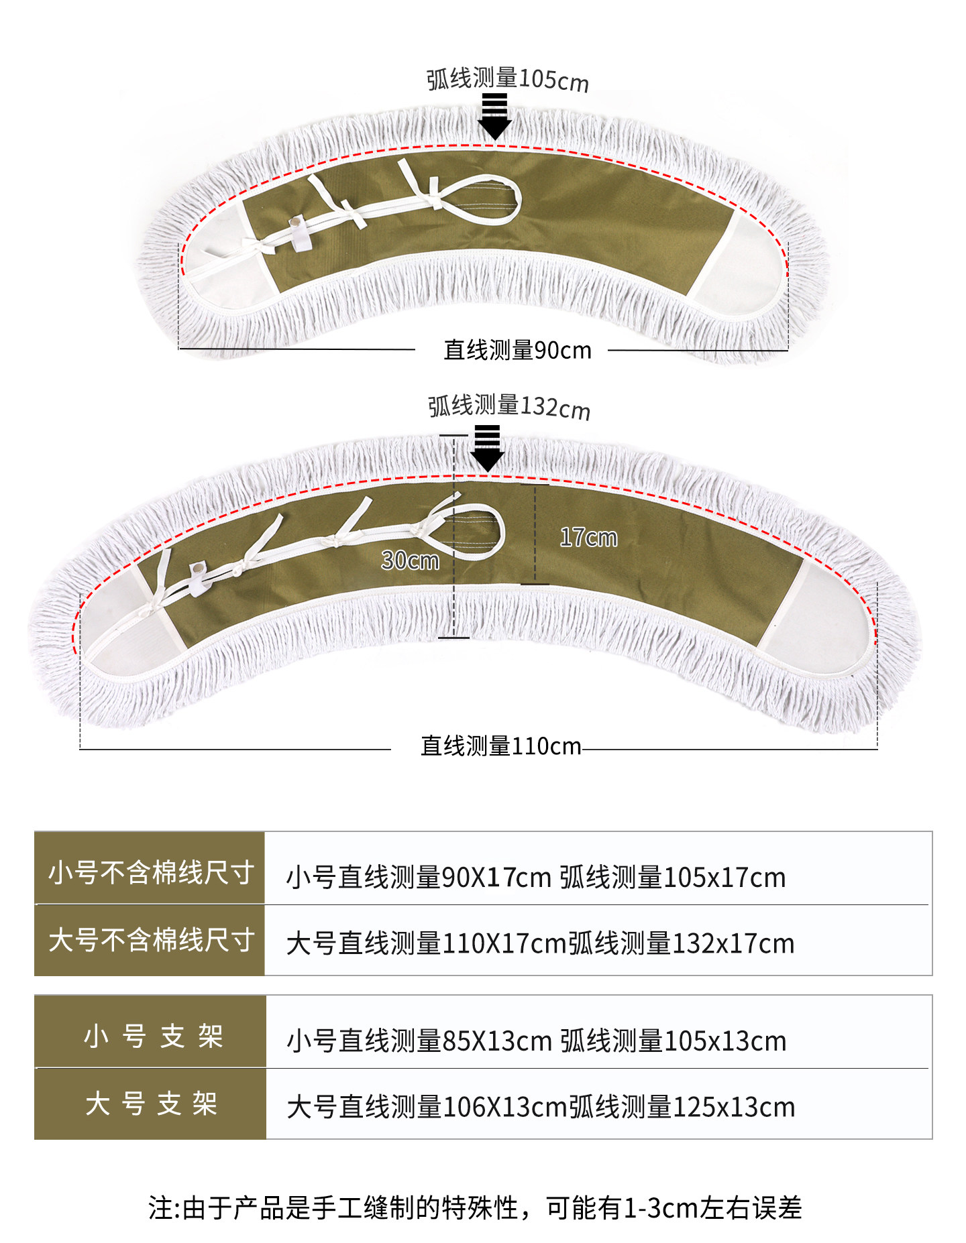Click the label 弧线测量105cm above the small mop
pos(507,80)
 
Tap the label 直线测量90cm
pos(517,350)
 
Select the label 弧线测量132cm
pos(508,406)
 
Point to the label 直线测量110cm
pos(500,746)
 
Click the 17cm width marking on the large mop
pos(588,537)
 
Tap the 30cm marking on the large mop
pos(410,560)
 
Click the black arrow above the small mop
pos(495,117)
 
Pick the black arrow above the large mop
pos(487,448)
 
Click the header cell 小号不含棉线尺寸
pos(150,872)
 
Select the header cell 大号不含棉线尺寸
pos(150,940)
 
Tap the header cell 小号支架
pos(152,1037)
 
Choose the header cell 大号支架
pos(152,1104)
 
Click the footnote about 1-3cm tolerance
pos(475,1208)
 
